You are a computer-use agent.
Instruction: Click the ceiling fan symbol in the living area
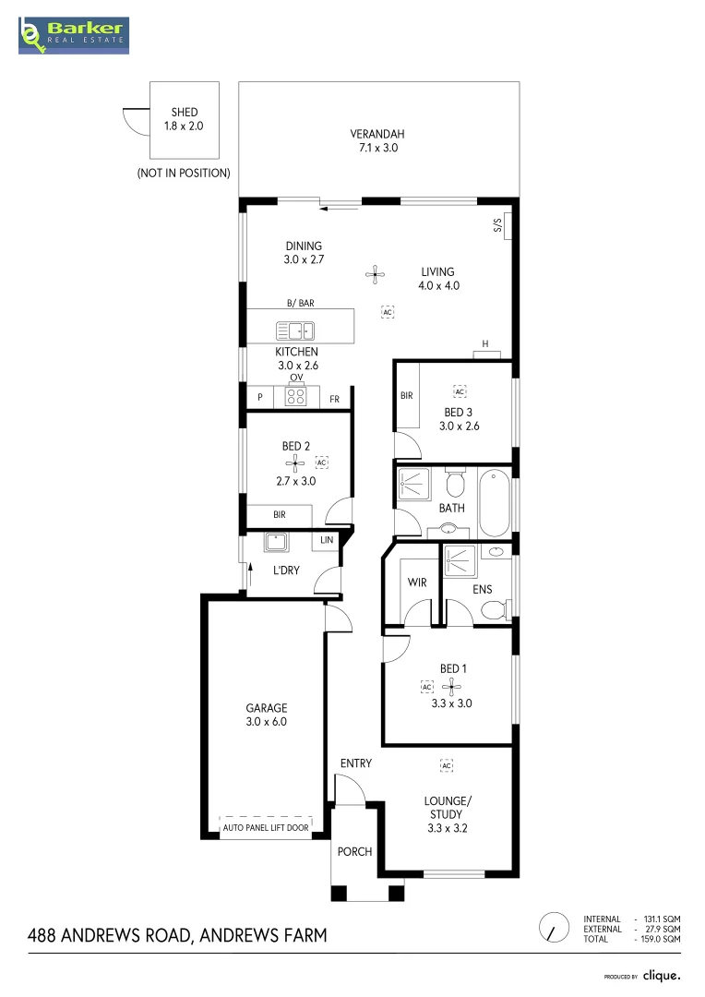[375, 272]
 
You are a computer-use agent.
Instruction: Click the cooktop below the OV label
[296, 397]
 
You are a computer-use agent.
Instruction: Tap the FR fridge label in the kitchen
[334, 399]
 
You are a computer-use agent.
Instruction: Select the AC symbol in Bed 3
[459, 391]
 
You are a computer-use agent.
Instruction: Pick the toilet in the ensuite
[494, 609]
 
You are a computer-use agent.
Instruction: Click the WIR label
[417, 583]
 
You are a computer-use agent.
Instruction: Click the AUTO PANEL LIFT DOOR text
[266, 828]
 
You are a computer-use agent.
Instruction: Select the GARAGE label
[266, 715]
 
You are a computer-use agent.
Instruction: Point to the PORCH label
[355, 851]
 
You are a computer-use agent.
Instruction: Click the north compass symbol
[554, 927]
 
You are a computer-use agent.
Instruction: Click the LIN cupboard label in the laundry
[326, 540]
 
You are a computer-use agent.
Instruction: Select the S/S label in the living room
[496, 226]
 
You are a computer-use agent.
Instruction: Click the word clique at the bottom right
[662, 975]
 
